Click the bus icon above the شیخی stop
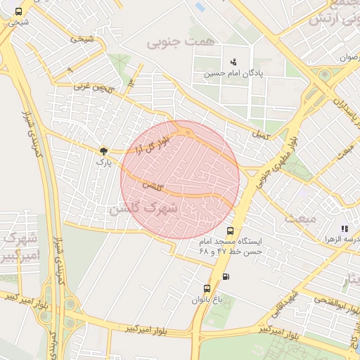coord(18,11)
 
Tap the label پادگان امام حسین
coord(233,73)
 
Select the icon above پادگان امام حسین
coord(233,62)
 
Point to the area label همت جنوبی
coord(179,43)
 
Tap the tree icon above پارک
coord(104,150)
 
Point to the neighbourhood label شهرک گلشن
coord(142,210)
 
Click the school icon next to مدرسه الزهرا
coord(344,229)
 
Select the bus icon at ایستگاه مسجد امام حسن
coord(230,231)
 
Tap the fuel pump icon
coord(225,276)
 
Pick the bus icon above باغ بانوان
coord(206,288)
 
